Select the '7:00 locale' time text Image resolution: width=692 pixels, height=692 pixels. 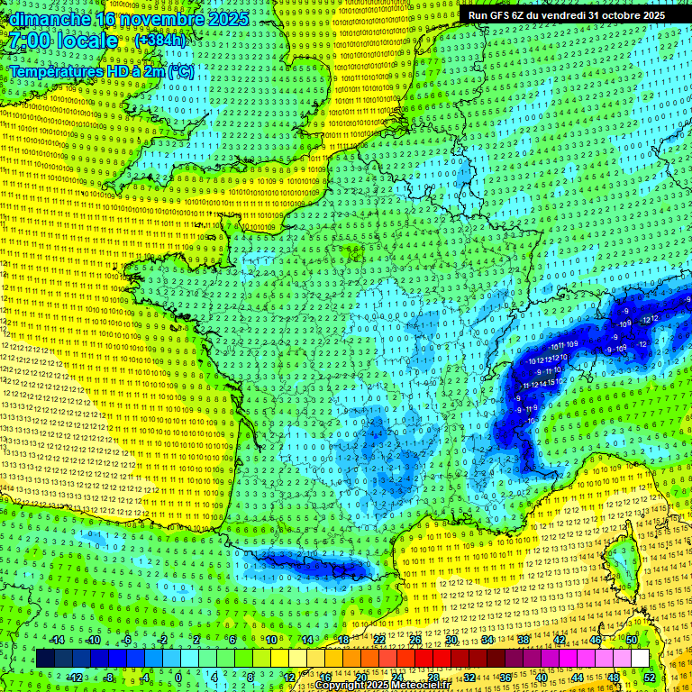[x=63, y=41]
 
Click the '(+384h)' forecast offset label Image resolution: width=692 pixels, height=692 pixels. [x=160, y=41]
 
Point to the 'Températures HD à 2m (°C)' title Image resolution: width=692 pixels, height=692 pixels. [x=101, y=71]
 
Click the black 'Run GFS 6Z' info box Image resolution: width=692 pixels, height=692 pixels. [x=565, y=15]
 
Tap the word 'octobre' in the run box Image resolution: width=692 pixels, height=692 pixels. [x=620, y=15]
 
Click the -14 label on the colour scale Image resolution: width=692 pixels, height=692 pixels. [x=59, y=640]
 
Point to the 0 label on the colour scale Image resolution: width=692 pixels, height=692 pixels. [x=178, y=677]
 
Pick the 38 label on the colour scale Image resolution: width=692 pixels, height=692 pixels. [x=523, y=640]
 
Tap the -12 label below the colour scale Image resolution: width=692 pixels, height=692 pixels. [x=77, y=677]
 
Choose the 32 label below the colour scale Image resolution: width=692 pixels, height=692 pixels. [x=469, y=677]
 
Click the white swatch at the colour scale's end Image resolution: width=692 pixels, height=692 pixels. [x=640, y=658]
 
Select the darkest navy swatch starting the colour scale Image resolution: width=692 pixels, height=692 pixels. [x=45, y=658]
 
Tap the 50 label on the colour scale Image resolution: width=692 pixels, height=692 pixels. [x=632, y=640]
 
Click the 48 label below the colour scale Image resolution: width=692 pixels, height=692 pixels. [x=613, y=677]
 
